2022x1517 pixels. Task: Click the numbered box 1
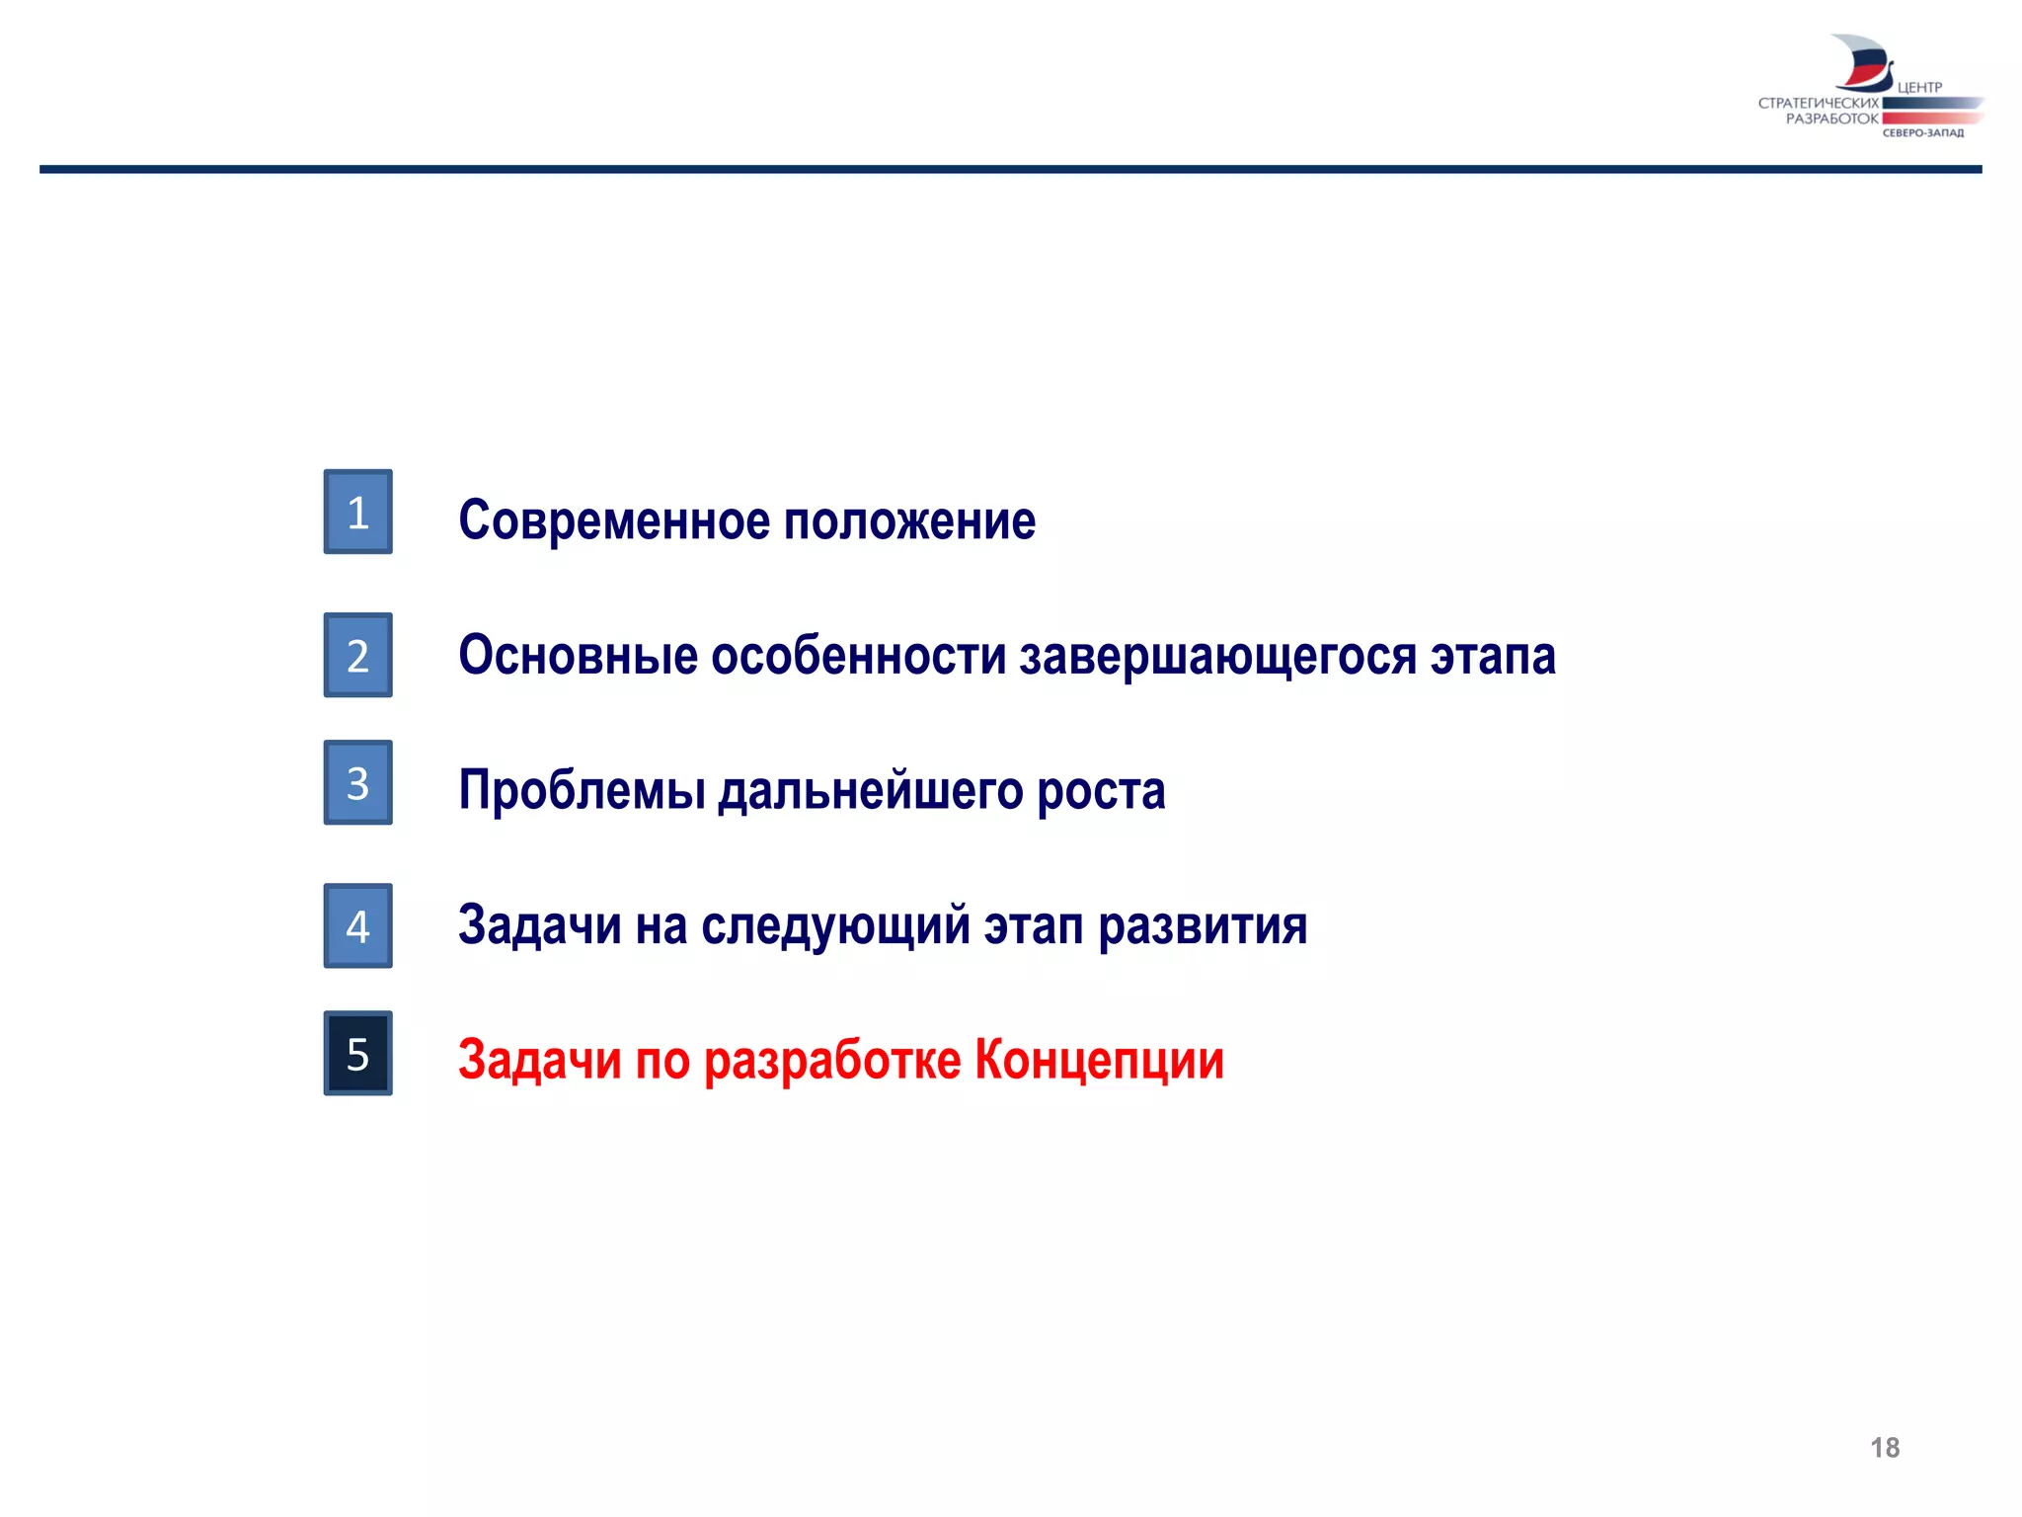(357, 512)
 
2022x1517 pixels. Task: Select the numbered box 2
(357, 655)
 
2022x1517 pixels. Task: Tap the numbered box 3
(357, 782)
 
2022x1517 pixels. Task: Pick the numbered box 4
(357, 925)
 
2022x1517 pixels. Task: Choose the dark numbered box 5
(357, 1053)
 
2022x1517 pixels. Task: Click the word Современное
(613, 520)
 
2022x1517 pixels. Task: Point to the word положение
(909, 520)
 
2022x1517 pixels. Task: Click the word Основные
(578, 656)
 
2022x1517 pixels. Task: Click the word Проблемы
(582, 791)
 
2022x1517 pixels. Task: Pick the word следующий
(835, 926)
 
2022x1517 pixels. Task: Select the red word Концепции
(1099, 1061)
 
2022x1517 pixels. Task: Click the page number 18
(1884, 1448)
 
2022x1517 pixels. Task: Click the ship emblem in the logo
(1861, 62)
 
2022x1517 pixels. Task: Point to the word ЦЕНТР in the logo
(1919, 88)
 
